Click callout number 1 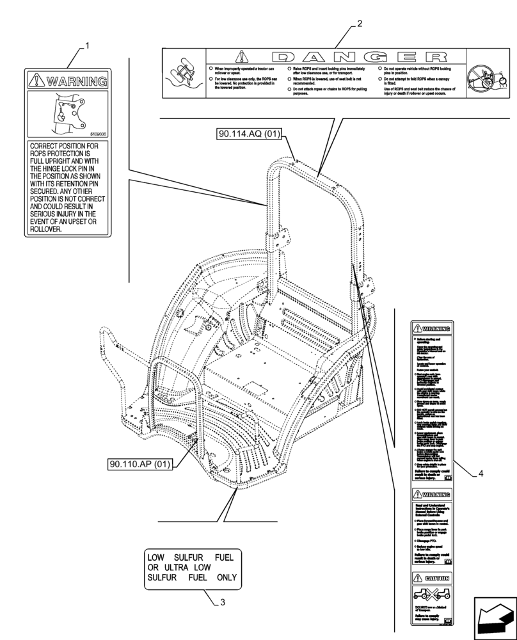pos(87,46)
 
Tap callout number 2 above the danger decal pos(360,24)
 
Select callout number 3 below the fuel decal pos(221,602)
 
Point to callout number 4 pos(480,474)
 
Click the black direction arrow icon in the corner pos(495,618)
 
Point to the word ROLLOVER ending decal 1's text pos(46,229)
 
